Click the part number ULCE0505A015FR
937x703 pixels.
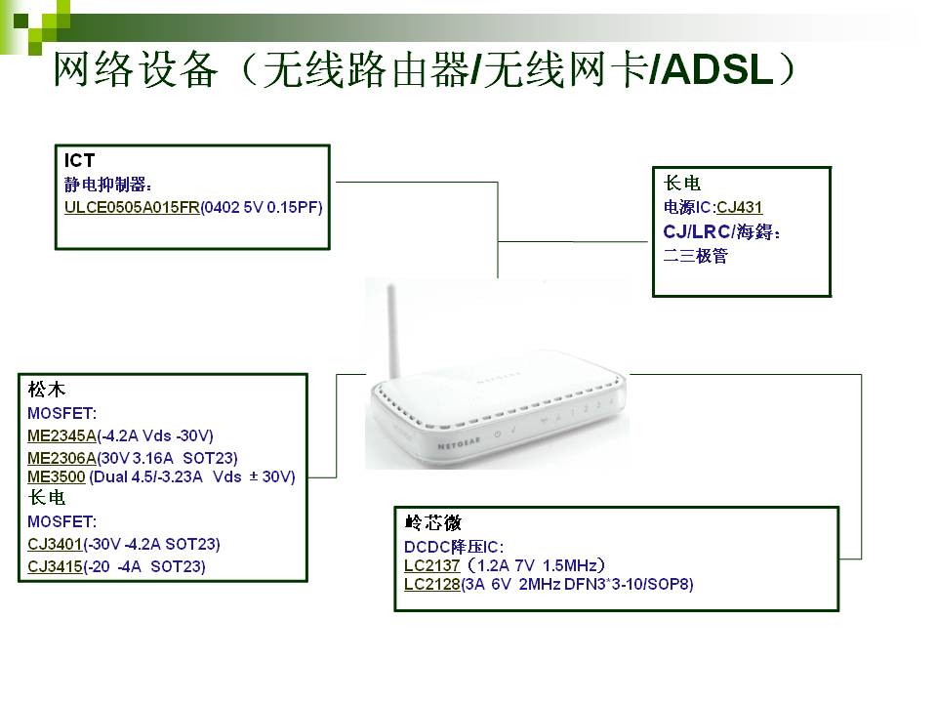pos(132,207)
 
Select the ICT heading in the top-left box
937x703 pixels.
pos(79,160)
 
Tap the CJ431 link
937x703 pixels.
pos(739,207)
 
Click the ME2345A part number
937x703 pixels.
pos(61,435)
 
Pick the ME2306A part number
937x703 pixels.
pos(61,459)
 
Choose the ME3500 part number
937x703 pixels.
pos(57,477)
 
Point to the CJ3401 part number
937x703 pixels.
pos(55,545)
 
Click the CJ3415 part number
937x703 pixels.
pos(55,566)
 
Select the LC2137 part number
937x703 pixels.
pos(432,565)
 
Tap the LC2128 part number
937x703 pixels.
pos(432,584)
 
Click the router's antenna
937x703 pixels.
pos(393,331)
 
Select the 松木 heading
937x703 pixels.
pos(46,390)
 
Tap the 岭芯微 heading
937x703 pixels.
pos(432,522)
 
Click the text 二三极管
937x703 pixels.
pos(696,256)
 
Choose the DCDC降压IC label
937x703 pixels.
pos(454,547)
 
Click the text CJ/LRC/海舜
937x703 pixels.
pos(721,232)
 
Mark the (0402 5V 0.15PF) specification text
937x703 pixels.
pos(262,207)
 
